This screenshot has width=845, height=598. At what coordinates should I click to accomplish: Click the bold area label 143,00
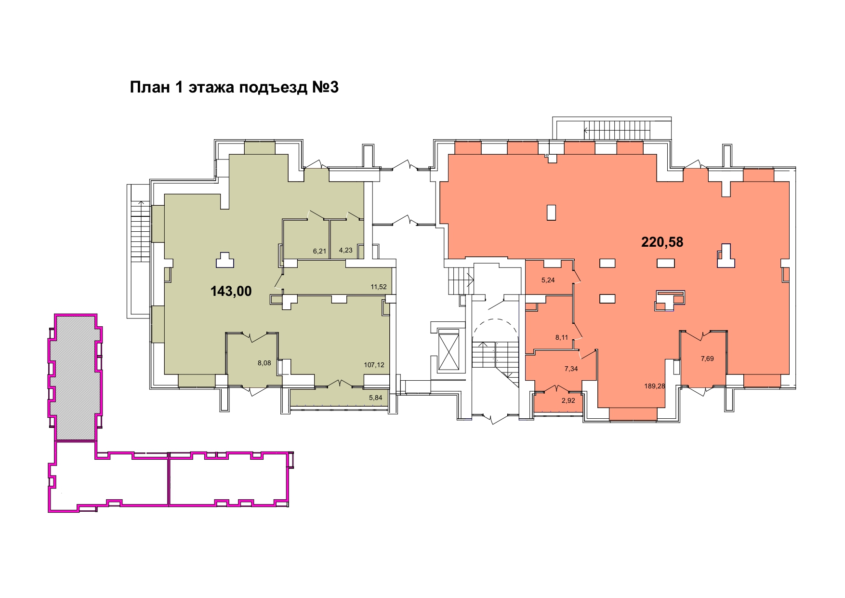[231, 291]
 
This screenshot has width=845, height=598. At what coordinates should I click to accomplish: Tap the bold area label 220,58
[662, 242]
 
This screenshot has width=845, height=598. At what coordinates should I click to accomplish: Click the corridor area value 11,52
[379, 287]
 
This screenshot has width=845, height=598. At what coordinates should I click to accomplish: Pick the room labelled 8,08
[264, 363]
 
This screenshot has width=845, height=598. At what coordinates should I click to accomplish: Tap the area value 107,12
[374, 365]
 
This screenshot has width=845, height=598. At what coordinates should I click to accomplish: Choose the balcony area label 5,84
[375, 398]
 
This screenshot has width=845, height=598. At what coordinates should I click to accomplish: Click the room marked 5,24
[548, 280]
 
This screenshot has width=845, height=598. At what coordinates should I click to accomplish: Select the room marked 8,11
[562, 337]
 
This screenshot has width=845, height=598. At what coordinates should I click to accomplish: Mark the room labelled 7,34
[571, 369]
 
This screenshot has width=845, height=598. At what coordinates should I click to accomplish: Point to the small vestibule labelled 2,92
[568, 400]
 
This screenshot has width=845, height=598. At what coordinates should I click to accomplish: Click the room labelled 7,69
[707, 359]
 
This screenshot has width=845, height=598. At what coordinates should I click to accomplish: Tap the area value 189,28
[655, 386]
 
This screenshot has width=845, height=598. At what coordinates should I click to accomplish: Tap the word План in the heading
[150, 87]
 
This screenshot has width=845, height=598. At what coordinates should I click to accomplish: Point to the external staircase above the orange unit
[612, 129]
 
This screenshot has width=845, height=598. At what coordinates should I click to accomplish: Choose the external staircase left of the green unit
[140, 251]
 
